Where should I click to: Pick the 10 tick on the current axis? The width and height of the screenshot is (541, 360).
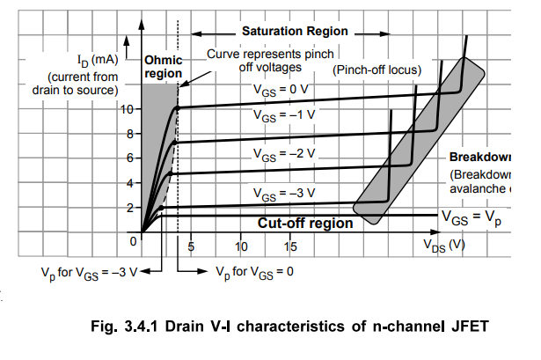point(128,110)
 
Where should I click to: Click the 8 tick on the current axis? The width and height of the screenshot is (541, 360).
point(130,135)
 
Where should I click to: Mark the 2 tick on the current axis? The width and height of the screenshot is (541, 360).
point(130,209)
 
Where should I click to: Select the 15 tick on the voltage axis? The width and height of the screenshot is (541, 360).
point(290,246)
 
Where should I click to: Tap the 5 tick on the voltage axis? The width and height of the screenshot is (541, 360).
point(190,246)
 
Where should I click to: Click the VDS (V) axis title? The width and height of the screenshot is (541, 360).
point(442,245)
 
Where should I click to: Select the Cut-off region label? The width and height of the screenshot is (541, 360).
point(305,224)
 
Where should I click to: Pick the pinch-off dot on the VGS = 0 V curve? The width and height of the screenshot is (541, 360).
point(178,108)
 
